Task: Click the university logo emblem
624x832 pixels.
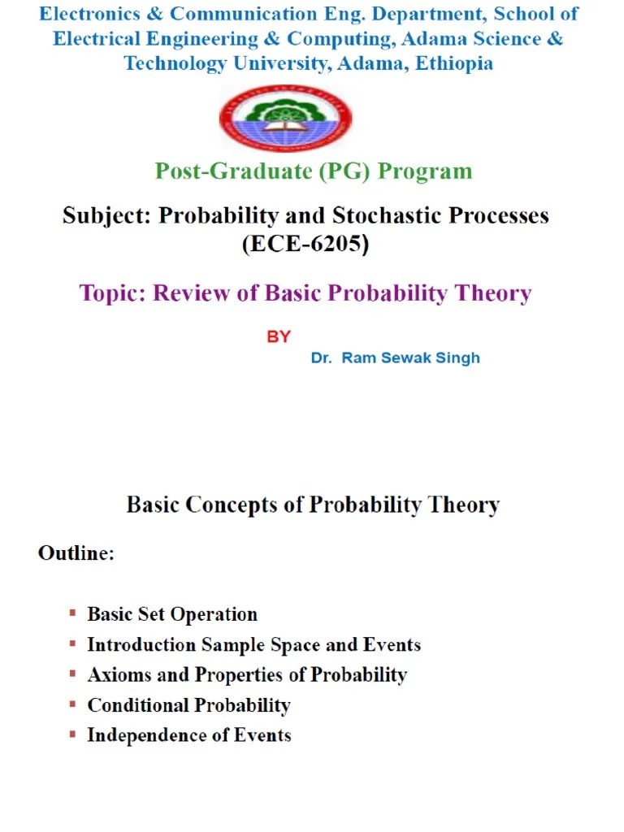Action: [285, 118]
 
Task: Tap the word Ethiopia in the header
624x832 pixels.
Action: [453, 63]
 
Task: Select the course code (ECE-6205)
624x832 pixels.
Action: [305, 244]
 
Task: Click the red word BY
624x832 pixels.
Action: [279, 336]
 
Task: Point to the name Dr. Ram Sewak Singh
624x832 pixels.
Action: [395, 358]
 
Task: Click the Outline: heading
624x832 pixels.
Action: [76, 554]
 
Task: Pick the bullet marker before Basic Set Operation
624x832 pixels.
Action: [73, 613]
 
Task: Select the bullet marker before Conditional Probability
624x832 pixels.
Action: [73, 704]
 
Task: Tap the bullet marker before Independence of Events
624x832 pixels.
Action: [73, 734]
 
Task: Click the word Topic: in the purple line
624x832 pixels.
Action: [113, 293]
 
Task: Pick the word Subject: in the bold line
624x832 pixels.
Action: [106, 216]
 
